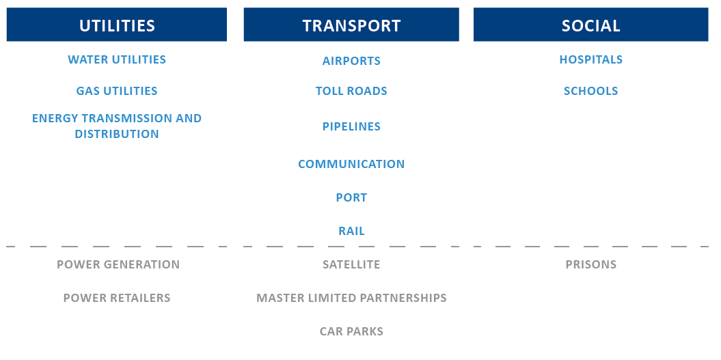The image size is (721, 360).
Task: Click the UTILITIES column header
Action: pos(117,25)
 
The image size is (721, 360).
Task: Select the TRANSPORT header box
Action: pos(351,25)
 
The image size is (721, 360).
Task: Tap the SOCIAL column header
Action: pos(591,25)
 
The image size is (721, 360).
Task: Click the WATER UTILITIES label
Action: pos(117,59)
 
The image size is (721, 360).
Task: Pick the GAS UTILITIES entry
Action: pos(117,91)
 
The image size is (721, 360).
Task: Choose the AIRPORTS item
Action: pos(351,61)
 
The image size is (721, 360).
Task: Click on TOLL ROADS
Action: pos(351,91)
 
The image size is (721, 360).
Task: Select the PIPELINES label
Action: pos(351,126)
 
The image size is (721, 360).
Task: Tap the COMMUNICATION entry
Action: pos(351,164)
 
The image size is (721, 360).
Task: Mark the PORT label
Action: pos(351,197)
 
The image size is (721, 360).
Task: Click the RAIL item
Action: pos(351,231)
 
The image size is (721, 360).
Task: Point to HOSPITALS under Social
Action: pos(591,59)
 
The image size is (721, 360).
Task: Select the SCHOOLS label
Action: pos(591,91)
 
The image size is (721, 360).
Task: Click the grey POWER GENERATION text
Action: pos(118,264)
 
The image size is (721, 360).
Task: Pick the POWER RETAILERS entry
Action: pos(117,298)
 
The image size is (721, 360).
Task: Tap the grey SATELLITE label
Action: pos(351,264)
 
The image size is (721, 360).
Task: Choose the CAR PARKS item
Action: pos(351,331)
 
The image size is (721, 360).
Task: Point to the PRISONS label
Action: pos(591,264)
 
